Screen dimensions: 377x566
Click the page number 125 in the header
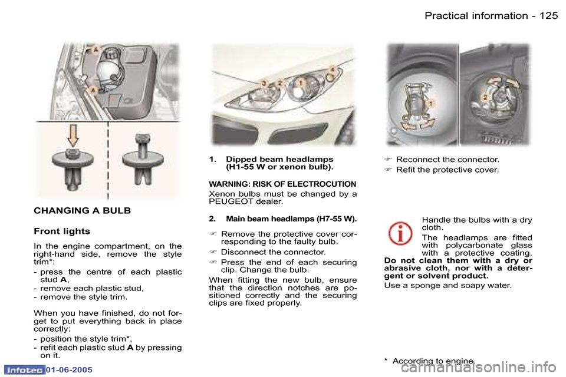[x=547, y=15]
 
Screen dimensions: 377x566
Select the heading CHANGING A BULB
[x=82, y=210]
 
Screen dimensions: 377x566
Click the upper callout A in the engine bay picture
[x=93, y=51]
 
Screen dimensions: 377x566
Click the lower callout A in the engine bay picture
[x=93, y=89]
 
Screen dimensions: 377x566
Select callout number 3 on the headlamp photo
[x=264, y=84]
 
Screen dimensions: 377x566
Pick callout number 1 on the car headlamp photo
[x=300, y=83]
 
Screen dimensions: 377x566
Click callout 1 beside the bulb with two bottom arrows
[x=431, y=103]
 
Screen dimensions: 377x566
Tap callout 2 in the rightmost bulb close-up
[x=485, y=96]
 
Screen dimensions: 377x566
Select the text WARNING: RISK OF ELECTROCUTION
[x=282, y=184]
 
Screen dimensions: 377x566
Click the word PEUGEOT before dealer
[x=231, y=202]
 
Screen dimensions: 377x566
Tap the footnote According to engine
[x=432, y=361]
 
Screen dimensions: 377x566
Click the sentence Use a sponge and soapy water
[x=447, y=286]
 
